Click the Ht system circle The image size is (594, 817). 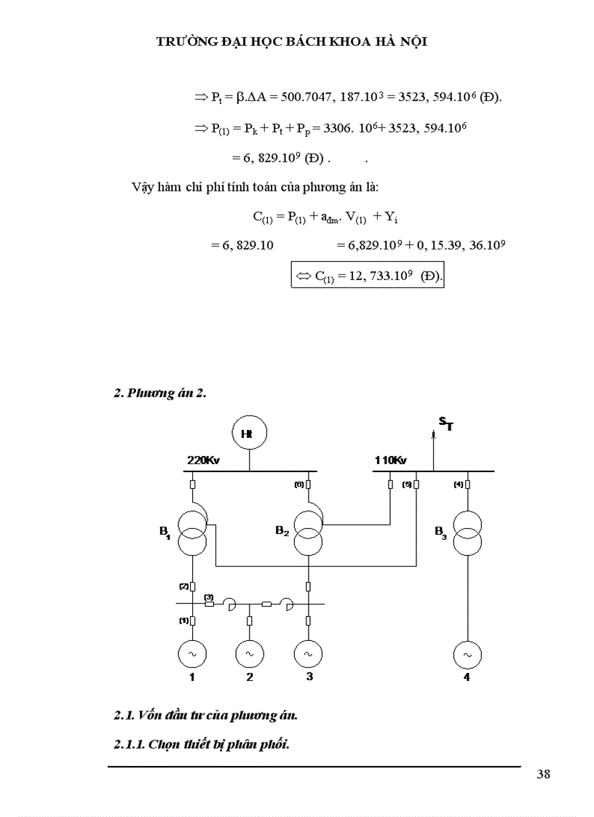coord(249,434)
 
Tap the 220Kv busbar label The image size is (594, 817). coord(203,461)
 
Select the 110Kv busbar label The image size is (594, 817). coord(390,461)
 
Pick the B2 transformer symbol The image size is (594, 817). coord(308,532)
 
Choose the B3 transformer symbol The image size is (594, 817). coord(467,532)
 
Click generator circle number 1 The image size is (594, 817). coord(192,654)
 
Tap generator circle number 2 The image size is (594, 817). coord(250,654)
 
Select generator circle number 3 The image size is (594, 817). coord(308,654)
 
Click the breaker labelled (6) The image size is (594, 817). coord(309,485)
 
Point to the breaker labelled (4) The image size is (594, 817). coord(467,485)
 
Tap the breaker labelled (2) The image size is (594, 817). coord(192,586)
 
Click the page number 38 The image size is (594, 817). coord(543,774)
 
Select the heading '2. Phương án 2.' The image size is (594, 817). coord(160,394)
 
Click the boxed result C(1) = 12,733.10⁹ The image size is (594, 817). coord(368,276)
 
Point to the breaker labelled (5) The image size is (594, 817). coord(416,485)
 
